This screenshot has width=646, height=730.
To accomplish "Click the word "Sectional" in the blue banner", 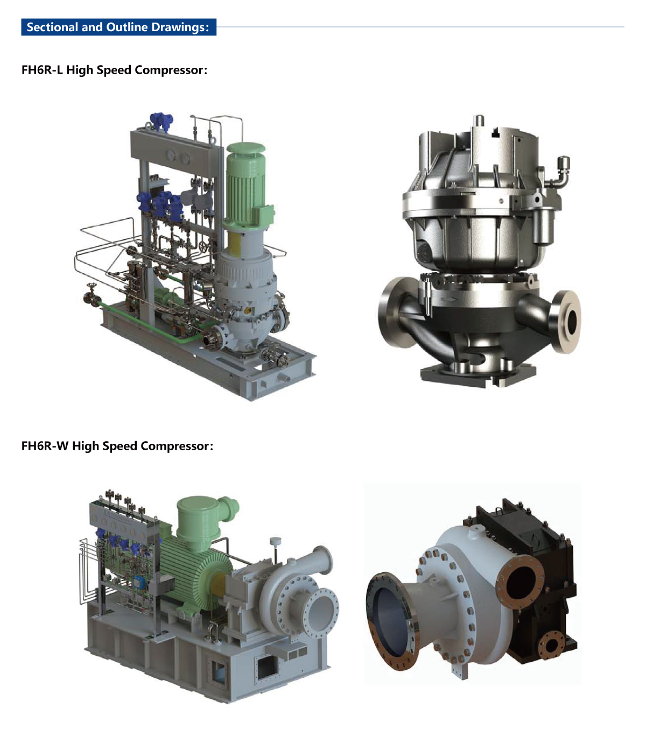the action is click(52, 27).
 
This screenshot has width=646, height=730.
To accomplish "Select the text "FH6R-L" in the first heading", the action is click(42, 69).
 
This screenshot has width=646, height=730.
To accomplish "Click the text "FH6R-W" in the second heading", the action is click(45, 446).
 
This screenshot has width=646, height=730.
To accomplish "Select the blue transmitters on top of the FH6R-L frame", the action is click(161, 121).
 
